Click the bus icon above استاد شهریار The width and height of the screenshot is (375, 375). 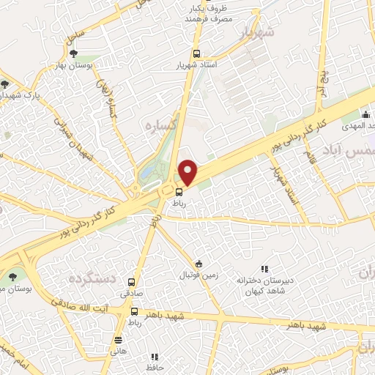point(196,53)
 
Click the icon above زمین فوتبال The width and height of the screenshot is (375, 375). point(198,264)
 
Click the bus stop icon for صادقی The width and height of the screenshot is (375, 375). point(132,282)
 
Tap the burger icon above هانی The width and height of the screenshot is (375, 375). point(119,339)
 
